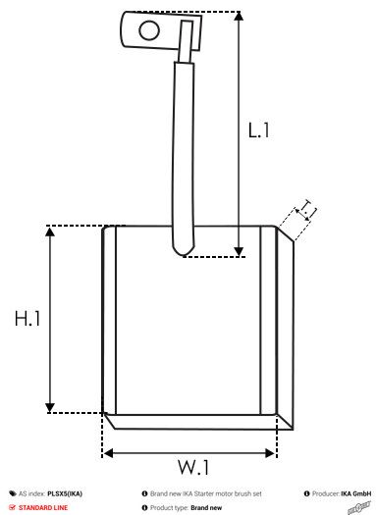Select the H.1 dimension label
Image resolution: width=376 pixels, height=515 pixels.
27,319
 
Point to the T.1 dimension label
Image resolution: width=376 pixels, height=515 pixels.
307,209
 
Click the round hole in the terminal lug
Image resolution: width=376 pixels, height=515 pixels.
148,30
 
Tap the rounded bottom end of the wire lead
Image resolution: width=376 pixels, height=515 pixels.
182,251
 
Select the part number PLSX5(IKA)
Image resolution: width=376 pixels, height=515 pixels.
65,493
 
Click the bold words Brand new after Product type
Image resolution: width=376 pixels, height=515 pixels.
206,508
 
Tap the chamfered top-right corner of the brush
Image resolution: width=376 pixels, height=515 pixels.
285,232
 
